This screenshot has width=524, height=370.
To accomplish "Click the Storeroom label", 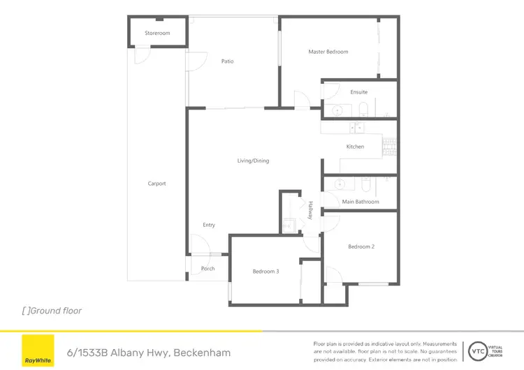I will [157, 34].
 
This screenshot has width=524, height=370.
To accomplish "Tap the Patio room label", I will [227, 61].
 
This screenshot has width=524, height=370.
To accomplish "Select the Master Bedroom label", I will [328, 52].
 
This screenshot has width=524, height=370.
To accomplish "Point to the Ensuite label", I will [359, 92].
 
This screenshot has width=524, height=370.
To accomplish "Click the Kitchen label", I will [356, 147].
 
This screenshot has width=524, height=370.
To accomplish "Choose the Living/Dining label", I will [253, 161].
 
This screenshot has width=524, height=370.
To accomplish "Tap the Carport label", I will [157, 184].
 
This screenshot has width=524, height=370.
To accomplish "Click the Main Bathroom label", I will [361, 202].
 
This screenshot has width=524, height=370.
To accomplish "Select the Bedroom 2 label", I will [362, 246].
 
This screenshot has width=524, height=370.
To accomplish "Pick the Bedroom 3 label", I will [266, 271].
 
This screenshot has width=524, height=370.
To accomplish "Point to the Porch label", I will [208, 269].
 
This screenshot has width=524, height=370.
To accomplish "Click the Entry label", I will [209, 225].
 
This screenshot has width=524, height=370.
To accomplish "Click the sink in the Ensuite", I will [337, 110].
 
